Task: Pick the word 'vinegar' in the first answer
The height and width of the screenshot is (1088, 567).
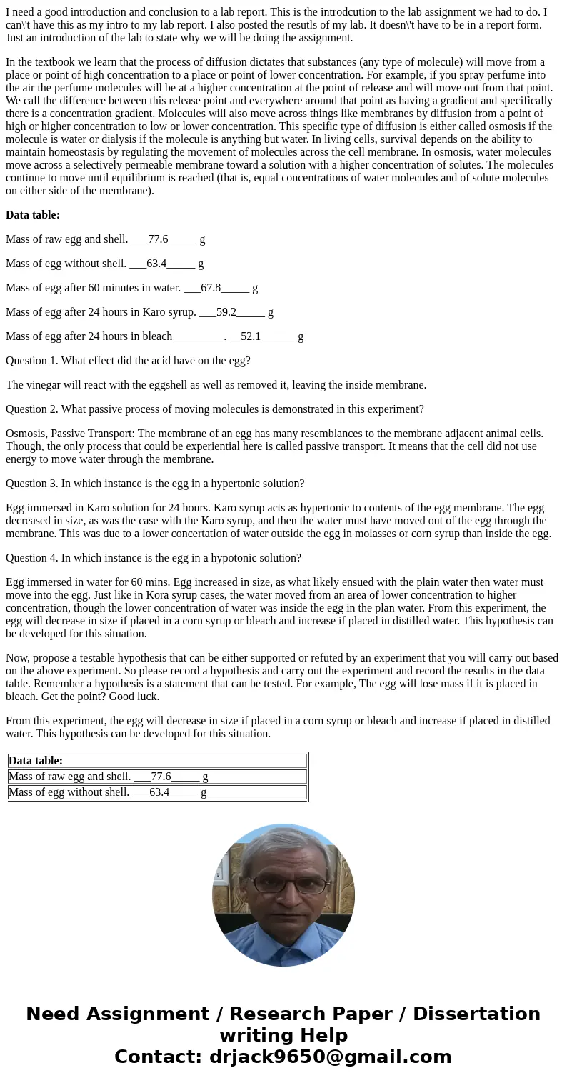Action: [44, 385]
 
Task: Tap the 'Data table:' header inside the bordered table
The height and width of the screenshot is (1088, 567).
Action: [36, 761]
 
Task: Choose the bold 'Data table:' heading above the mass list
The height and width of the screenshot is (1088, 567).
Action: [33, 215]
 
